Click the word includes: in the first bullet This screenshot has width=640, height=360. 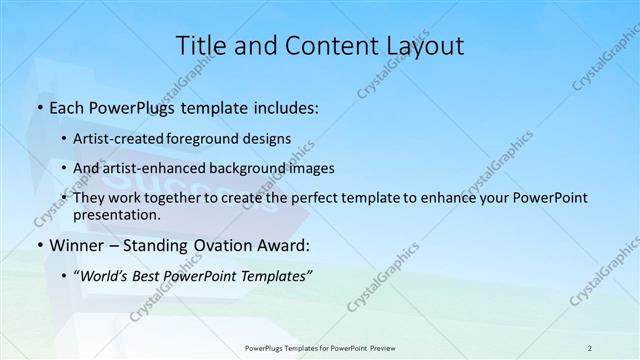click(283, 106)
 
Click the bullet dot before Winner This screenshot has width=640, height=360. click(38, 245)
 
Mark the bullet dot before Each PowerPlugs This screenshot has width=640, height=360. click(38, 106)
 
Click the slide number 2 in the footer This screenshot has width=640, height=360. click(590, 348)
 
